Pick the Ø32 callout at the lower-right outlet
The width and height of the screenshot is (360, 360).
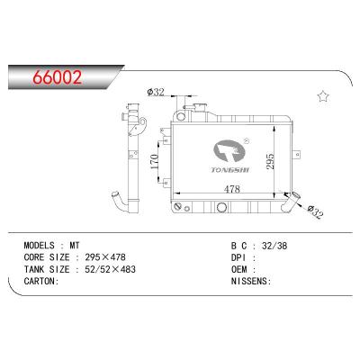click(315, 211)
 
